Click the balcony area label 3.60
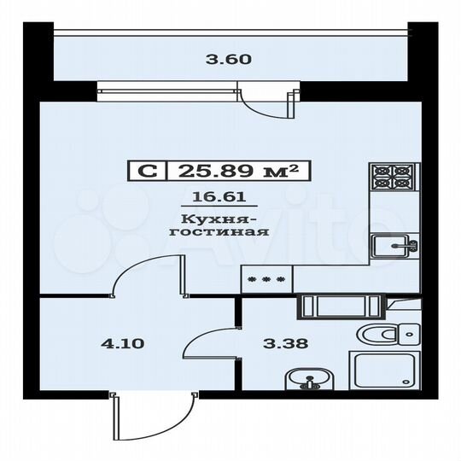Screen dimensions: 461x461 [230, 61]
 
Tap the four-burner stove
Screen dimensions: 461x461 [393, 176]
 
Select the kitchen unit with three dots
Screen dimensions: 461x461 [266, 278]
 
